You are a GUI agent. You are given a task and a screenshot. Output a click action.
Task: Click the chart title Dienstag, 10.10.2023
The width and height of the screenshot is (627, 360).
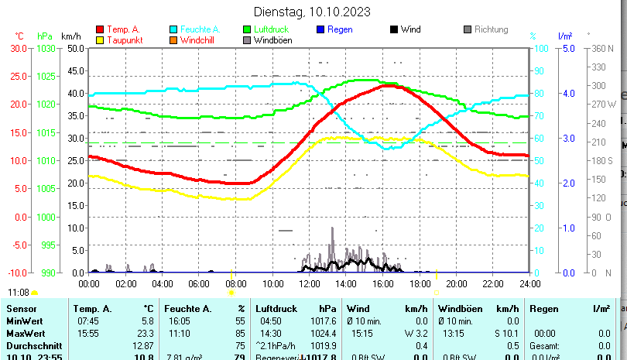(x=312, y=12)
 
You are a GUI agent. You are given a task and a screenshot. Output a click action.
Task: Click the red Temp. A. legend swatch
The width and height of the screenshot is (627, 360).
(x=99, y=29)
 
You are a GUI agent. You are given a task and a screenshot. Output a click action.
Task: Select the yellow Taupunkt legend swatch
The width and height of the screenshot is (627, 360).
(x=99, y=40)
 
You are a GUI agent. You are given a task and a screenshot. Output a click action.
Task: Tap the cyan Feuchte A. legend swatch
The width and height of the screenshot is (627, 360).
(x=173, y=29)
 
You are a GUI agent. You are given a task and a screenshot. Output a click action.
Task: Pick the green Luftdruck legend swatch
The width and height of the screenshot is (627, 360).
(x=247, y=29)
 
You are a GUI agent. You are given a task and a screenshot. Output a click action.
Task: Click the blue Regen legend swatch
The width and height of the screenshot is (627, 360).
(x=320, y=29)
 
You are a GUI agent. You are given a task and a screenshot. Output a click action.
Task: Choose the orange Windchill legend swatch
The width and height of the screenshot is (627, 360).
(x=173, y=40)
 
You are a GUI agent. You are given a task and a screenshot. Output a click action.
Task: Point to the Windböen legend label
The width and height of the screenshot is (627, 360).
(x=272, y=40)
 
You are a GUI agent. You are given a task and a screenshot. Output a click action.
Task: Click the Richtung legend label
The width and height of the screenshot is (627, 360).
(x=492, y=29)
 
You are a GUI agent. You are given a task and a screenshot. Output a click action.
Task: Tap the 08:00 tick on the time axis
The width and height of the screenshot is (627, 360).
(x=236, y=283)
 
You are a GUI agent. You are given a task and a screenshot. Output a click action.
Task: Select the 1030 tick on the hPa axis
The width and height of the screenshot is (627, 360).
(x=46, y=48)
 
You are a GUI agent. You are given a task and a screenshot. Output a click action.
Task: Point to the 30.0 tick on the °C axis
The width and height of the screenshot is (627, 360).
(x=19, y=48)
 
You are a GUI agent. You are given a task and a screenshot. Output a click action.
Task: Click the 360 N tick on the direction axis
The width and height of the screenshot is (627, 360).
(x=602, y=48)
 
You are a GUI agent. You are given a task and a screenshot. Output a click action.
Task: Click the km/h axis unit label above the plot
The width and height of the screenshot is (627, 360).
(x=70, y=36)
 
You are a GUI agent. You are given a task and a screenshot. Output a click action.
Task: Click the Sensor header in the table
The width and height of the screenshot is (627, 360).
(x=21, y=308)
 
